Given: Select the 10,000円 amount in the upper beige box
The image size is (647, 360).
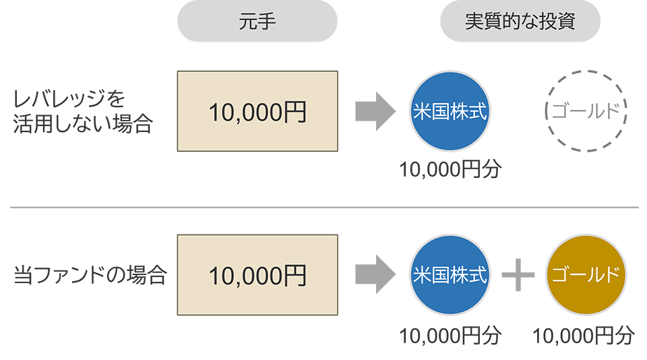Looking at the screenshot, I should [257, 112].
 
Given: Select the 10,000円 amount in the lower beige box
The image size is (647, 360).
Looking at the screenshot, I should [257, 274].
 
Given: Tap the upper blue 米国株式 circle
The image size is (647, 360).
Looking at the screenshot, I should [449, 112].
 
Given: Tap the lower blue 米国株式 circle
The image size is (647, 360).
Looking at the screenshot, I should [449, 274].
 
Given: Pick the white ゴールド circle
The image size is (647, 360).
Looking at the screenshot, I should [584, 112].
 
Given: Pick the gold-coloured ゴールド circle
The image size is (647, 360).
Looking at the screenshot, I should [584, 274].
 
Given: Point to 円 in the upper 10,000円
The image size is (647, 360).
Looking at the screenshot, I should [295, 112].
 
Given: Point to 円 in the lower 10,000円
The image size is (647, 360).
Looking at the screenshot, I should [295, 274].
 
